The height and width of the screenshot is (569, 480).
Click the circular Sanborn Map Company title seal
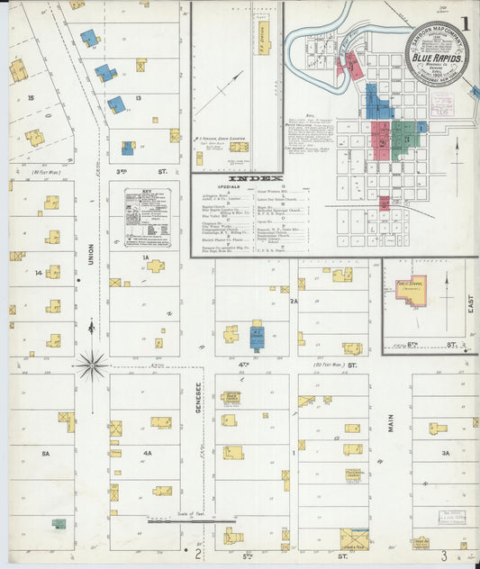tap(436, 53)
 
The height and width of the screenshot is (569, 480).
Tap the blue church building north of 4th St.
tap(257, 336)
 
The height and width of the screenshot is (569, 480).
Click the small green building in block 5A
tap(59, 523)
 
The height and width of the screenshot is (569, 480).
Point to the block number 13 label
tap(138, 97)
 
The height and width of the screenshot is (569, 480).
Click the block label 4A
tap(147, 454)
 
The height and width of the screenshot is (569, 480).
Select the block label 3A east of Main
tap(443, 454)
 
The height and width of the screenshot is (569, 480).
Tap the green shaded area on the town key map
tap(404, 134)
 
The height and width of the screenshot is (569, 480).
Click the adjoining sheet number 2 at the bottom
tap(186, 555)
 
